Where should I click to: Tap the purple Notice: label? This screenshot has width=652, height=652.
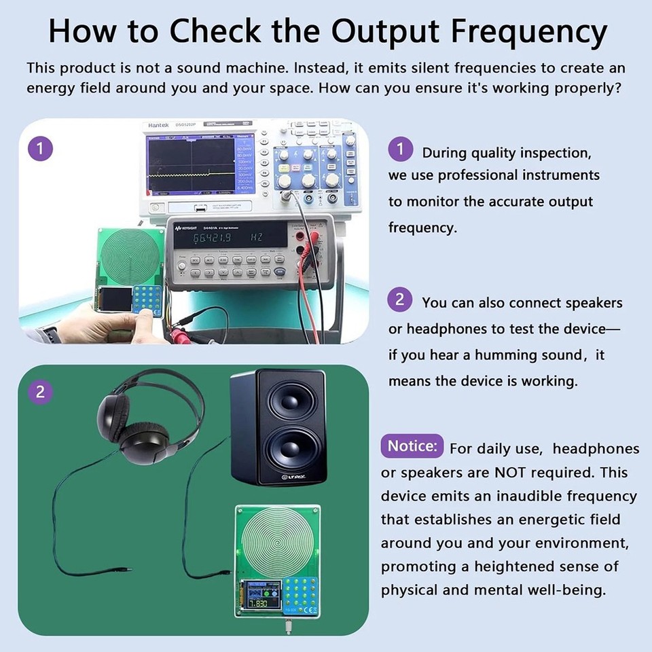click(x=412, y=447)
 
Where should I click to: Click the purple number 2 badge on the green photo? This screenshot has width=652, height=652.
click(x=40, y=392)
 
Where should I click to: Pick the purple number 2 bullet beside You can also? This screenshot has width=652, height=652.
click(x=400, y=300)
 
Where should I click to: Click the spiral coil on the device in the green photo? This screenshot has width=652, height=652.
click(x=276, y=541)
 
